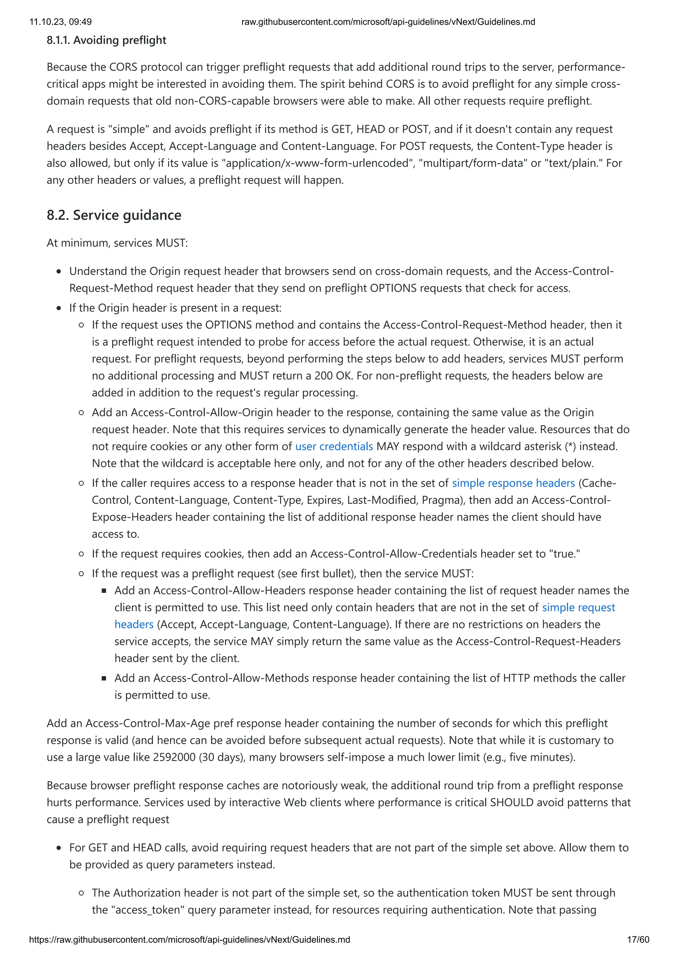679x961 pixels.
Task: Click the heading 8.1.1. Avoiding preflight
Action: tap(106, 40)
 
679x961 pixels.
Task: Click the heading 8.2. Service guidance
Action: tap(114, 215)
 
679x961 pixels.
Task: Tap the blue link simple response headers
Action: tap(513, 483)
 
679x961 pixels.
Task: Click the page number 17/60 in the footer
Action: tap(638, 940)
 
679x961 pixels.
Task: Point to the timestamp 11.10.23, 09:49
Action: tap(60, 22)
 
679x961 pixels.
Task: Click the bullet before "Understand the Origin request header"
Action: tap(59, 272)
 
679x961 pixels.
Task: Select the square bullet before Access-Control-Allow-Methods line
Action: tap(104, 678)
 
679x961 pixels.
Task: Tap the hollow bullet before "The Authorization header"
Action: tap(82, 893)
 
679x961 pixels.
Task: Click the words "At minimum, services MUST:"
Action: tap(117, 243)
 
